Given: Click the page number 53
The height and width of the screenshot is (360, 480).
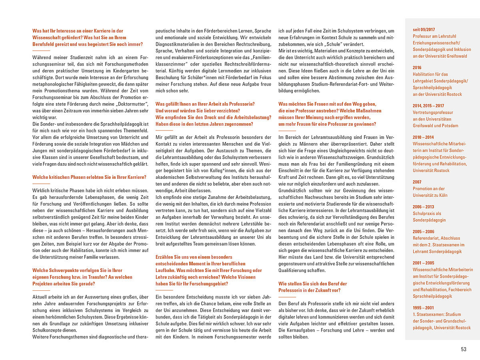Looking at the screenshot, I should [x=464, y=349].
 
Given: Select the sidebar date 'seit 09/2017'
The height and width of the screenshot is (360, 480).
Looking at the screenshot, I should [x=424, y=30].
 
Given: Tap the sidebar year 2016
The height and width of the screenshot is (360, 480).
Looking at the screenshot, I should [x=417, y=68].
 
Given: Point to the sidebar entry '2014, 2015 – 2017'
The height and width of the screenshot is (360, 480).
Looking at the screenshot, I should [x=428, y=106].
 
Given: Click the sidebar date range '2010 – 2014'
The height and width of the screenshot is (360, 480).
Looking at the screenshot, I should [x=423, y=137].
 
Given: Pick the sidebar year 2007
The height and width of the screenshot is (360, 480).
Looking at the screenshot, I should [x=417, y=182].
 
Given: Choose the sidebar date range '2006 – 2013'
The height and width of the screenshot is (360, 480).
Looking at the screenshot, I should [x=423, y=207].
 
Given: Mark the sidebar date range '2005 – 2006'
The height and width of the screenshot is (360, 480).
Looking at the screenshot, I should [x=423, y=232].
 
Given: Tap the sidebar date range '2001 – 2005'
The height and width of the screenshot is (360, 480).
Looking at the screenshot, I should [x=423, y=263].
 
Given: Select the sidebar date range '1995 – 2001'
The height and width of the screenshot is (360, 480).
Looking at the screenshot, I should [x=423, y=308].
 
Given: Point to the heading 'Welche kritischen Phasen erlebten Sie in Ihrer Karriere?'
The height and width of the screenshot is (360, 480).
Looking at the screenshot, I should [x=89, y=177].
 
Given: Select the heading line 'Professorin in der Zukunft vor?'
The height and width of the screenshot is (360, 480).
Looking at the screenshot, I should [x=310, y=290].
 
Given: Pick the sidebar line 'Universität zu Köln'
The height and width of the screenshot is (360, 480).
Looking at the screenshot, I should [x=430, y=195].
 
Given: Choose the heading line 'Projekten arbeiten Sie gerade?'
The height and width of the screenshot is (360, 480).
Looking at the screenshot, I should [x=64, y=284].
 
